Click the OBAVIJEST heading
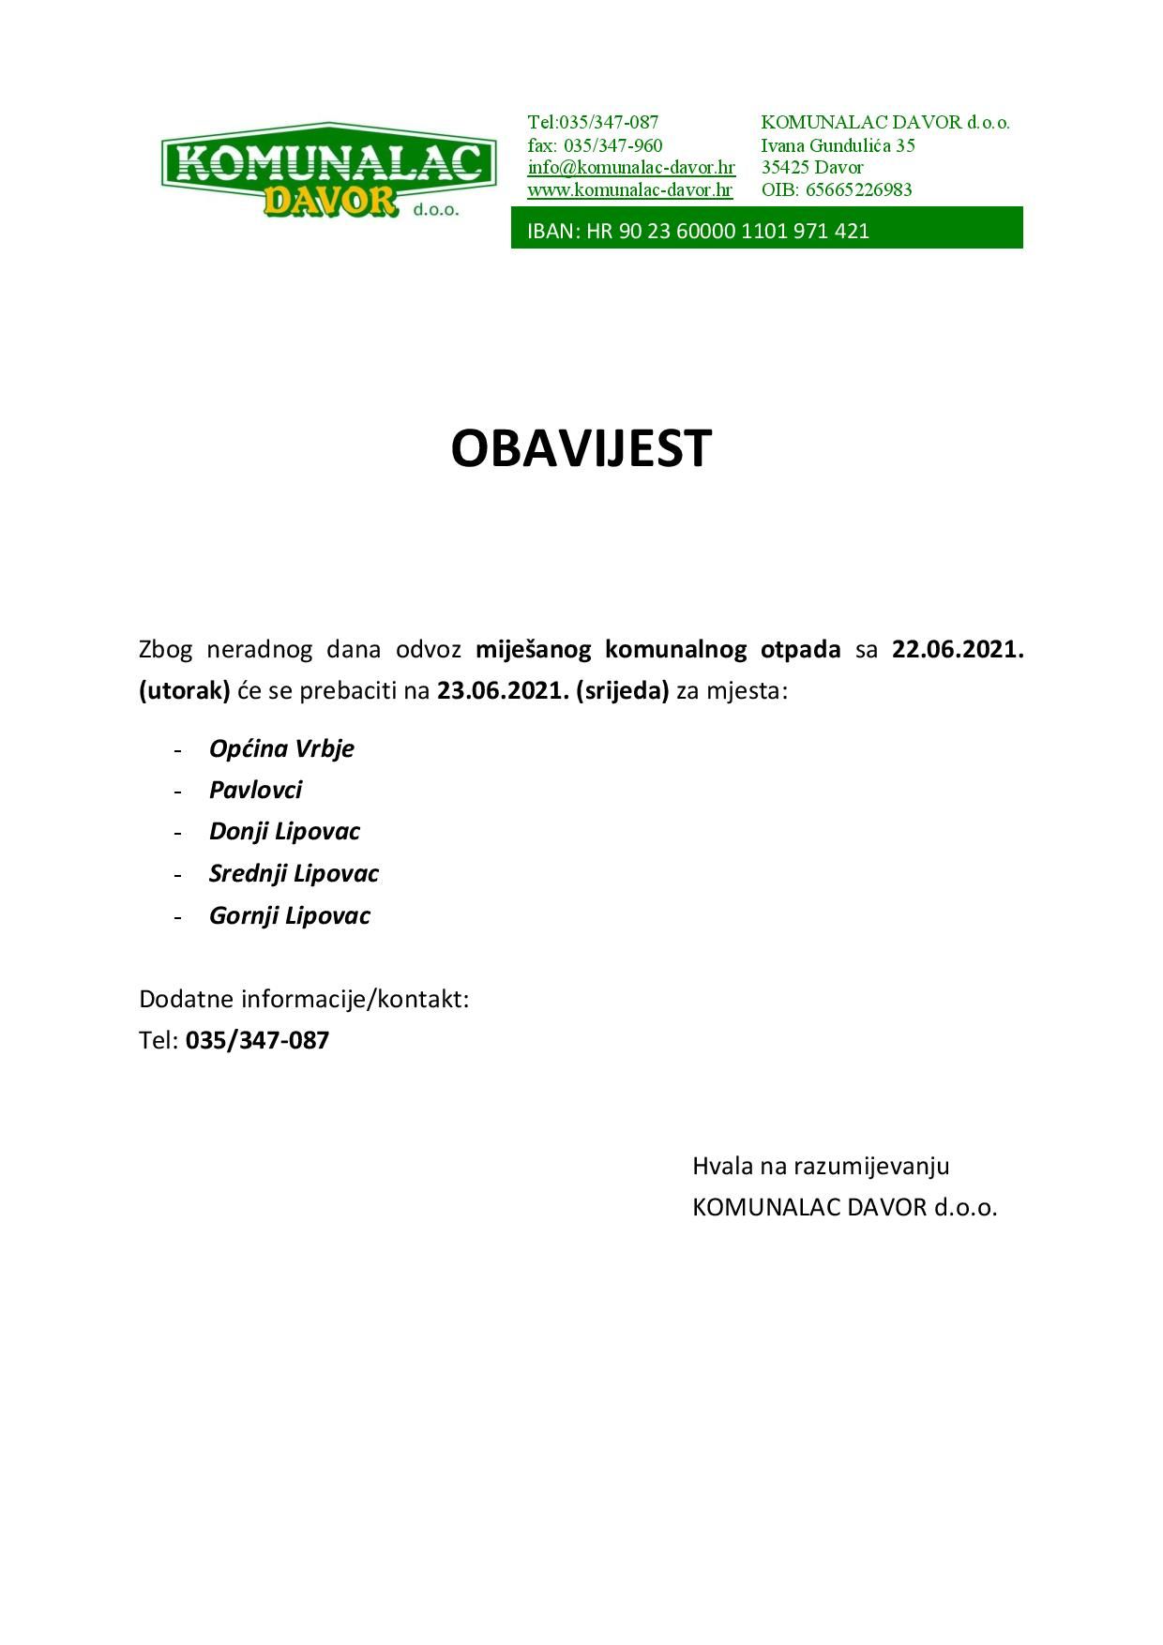pyautogui.click(x=581, y=448)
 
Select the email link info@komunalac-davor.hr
pyautogui.click(x=631, y=168)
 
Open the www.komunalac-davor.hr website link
pyautogui.click(x=630, y=189)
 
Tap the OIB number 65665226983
pyautogui.click(x=858, y=189)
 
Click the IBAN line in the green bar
pyautogui.click(x=699, y=231)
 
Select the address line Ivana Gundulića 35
pyautogui.click(x=838, y=145)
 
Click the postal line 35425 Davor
pyautogui.click(x=812, y=168)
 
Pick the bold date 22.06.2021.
pyautogui.click(x=957, y=649)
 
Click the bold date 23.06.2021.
pyautogui.click(x=503, y=691)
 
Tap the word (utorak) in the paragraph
pyautogui.click(x=185, y=691)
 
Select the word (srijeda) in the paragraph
pyautogui.click(x=623, y=691)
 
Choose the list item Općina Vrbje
pyautogui.click(x=281, y=748)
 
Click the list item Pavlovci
pyautogui.click(x=255, y=790)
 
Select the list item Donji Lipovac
pyautogui.click(x=284, y=831)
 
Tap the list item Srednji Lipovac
pyautogui.click(x=294, y=873)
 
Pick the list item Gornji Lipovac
pyautogui.click(x=290, y=915)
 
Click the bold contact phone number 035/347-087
pyautogui.click(x=258, y=1040)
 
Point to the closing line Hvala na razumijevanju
pyautogui.click(x=821, y=1166)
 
